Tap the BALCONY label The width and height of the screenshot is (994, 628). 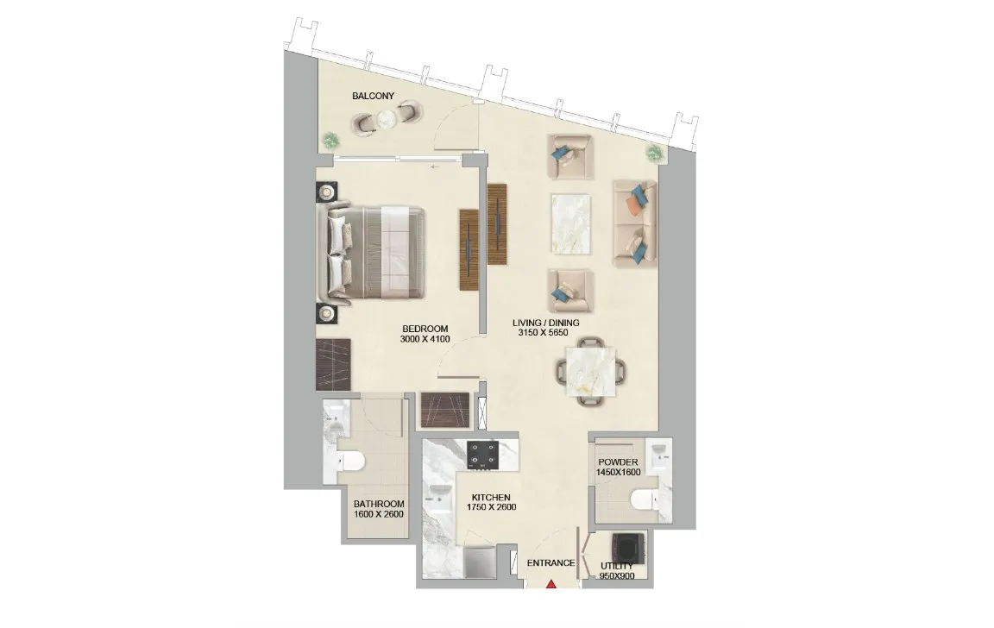point(373,97)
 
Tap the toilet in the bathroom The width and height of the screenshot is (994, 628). point(351,462)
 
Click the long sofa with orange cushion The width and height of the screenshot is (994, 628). point(634,223)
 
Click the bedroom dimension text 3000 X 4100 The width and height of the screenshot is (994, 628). point(425,339)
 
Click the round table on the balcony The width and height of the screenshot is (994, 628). point(387,121)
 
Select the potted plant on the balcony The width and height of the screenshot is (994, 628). point(330,139)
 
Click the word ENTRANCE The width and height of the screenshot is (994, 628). point(550,563)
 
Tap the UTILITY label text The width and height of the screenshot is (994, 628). point(616,566)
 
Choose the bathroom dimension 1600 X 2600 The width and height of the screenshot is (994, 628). point(379,515)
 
